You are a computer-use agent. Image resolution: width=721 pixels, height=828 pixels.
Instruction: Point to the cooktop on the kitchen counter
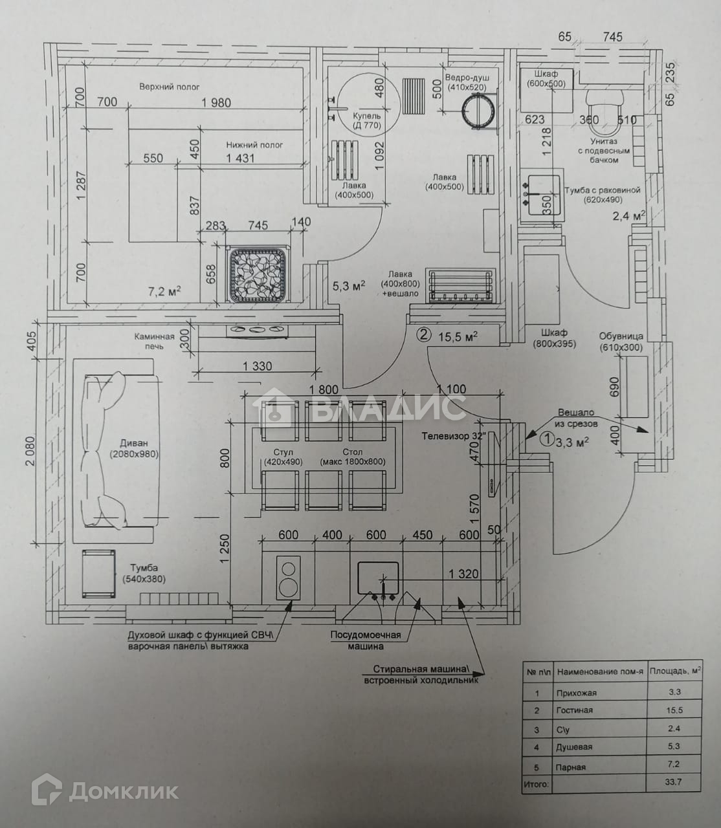[x=288, y=577]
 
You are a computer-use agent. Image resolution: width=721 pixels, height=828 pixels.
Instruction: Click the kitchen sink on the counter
[x=379, y=578]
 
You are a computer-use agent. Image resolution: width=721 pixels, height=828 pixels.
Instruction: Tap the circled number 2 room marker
[x=423, y=335]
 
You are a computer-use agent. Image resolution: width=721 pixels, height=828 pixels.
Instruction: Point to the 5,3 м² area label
[x=349, y=285]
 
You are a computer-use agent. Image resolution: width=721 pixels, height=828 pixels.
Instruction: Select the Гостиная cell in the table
[x=575, y=710]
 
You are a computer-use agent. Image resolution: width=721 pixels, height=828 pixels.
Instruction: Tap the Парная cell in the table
[x=571, y=767]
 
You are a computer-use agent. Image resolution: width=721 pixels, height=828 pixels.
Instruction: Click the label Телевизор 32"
[x=453, y=436]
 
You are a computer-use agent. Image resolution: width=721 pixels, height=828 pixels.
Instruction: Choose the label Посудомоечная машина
[x=366, y=640]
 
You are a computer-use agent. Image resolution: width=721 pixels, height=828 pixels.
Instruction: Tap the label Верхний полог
[x=170, y=87]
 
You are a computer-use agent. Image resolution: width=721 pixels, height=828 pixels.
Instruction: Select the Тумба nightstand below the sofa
[x=98, y=574]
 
